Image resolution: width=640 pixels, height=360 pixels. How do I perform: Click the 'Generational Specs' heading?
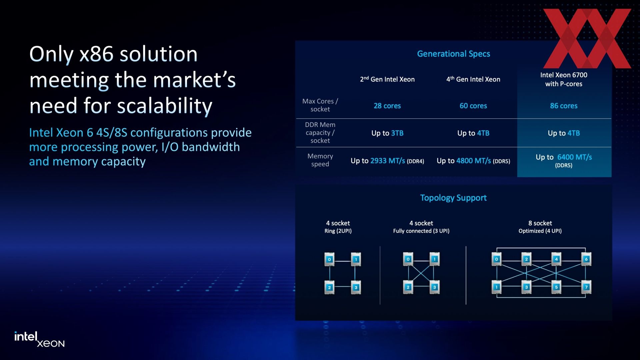[x=453, y=54]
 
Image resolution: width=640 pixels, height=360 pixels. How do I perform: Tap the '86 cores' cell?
[x=564, y=106]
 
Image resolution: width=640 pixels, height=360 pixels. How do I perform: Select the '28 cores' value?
[x=387, y=106]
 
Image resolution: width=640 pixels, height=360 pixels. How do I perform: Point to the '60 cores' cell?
[x=473, y=106]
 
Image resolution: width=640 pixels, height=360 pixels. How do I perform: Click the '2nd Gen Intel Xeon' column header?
[x=387, y=79]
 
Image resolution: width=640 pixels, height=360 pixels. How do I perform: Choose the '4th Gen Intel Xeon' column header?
[x=473, y=79]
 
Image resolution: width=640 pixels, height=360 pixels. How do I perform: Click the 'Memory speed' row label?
[x=320, y=160]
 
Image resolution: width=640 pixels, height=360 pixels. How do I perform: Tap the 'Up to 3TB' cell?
[x=387, y=133]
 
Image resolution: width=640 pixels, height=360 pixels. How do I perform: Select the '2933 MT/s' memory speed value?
[x=388, y=161]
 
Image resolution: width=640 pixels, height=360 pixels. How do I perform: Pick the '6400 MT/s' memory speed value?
[x=575, y=157]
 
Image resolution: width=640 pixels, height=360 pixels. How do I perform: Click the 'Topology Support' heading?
[x=453, y=198]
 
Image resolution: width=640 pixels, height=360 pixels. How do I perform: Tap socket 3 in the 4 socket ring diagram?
[x=356, y=287]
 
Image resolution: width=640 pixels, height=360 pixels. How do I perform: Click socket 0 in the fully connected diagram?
[x=408, y=259]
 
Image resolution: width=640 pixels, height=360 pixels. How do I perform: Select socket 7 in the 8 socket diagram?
[x=586, y=287]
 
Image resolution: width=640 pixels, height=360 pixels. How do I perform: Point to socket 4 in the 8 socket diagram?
[x=556, y=259]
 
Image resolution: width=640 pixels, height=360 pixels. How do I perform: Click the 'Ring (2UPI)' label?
[x=338, y=231]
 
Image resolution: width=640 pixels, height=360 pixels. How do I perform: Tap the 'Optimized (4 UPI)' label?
[x=540, y=231]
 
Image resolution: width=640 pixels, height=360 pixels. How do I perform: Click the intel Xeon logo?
[x=39, y=339]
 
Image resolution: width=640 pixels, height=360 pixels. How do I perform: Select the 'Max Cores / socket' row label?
[x=320, y=105]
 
